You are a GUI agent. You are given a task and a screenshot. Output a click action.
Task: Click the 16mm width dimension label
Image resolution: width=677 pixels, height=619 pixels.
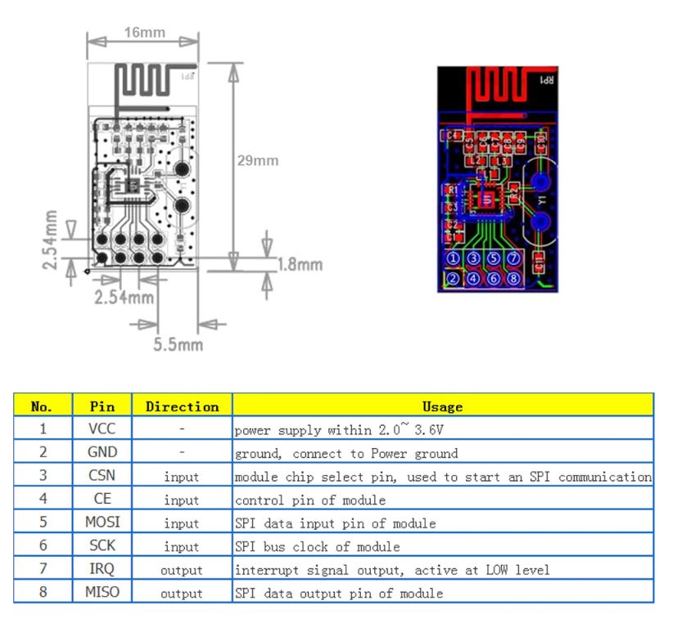pyautogui.click(x=144, y=33)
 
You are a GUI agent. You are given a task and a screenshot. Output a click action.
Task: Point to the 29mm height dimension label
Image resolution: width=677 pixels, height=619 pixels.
pyautogui.click(x=258, y=160)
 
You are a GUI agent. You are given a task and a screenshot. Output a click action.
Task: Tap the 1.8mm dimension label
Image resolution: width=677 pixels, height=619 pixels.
pyautogui.click(x=300, y=265)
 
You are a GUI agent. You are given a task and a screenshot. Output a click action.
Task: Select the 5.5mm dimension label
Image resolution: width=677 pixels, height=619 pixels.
pyautogui.click(x=178, y=344)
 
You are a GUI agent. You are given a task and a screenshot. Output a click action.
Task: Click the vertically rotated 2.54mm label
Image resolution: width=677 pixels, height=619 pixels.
pyautogui.click(x=52, y=240)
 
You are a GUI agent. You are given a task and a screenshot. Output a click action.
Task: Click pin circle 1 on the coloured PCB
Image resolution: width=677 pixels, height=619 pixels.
pyautogui.click(x=453, y=259)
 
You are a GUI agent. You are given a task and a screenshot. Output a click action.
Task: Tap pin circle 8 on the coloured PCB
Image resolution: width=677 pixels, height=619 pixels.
pyautogui.click(x=513, y=278)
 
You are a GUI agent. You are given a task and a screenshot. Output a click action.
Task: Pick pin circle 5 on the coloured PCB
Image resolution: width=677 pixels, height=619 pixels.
pyautogui.click(x=494, y=259)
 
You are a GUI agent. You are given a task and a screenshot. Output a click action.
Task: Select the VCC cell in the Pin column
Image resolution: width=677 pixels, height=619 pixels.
pyautogui.click(x=102, y=428)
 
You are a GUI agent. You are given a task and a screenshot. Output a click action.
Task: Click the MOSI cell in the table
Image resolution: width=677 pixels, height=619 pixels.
pyautogui.click(x=102, y=523)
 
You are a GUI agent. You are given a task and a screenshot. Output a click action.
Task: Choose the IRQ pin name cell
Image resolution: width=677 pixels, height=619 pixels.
pyautogui.click(x=102, y=569)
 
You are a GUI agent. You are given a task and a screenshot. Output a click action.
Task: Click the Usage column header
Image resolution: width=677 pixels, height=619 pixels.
pyautogui.click(x=443, y=406)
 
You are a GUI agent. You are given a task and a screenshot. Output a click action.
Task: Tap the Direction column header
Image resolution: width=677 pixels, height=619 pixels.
pyautogui.click(x=182, y=406)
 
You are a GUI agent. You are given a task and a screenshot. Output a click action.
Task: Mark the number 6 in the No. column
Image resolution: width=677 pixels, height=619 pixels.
pyautogui.click(x=43, y=546)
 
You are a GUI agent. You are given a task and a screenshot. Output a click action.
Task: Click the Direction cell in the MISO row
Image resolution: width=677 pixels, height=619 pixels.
pyautogui.click(x=182, y=593)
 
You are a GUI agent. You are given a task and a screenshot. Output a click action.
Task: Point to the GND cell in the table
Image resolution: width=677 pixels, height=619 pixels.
pyautogui.click(x=102, y=452)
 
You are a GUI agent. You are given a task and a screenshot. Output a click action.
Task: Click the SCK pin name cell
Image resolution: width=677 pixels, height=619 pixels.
pyautogui.click(x=102, y=546)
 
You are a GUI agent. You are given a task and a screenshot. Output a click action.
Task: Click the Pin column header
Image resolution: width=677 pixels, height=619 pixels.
pyautogui.click(x=102, y=406)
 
